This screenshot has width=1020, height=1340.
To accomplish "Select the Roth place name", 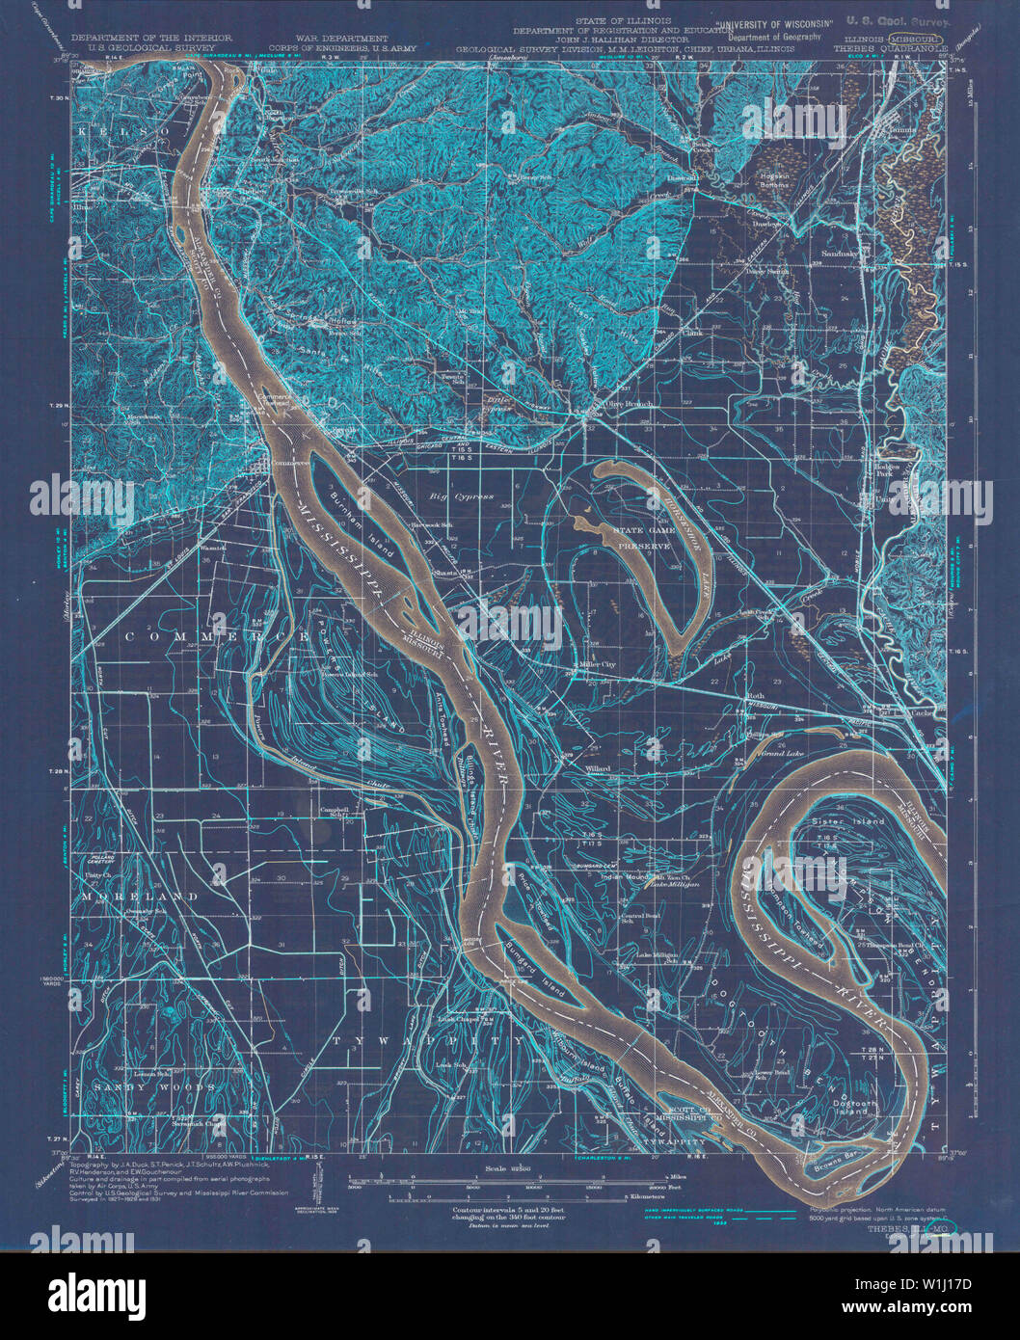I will coord(755,694).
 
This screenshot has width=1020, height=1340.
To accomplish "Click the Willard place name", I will coord(599,768).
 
